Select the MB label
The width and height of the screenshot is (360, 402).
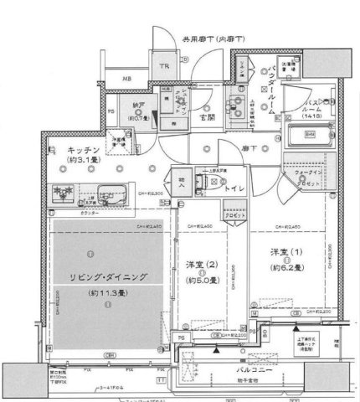[x=126, y=80]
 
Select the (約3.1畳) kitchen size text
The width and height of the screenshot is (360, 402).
[x=66, y=154]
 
